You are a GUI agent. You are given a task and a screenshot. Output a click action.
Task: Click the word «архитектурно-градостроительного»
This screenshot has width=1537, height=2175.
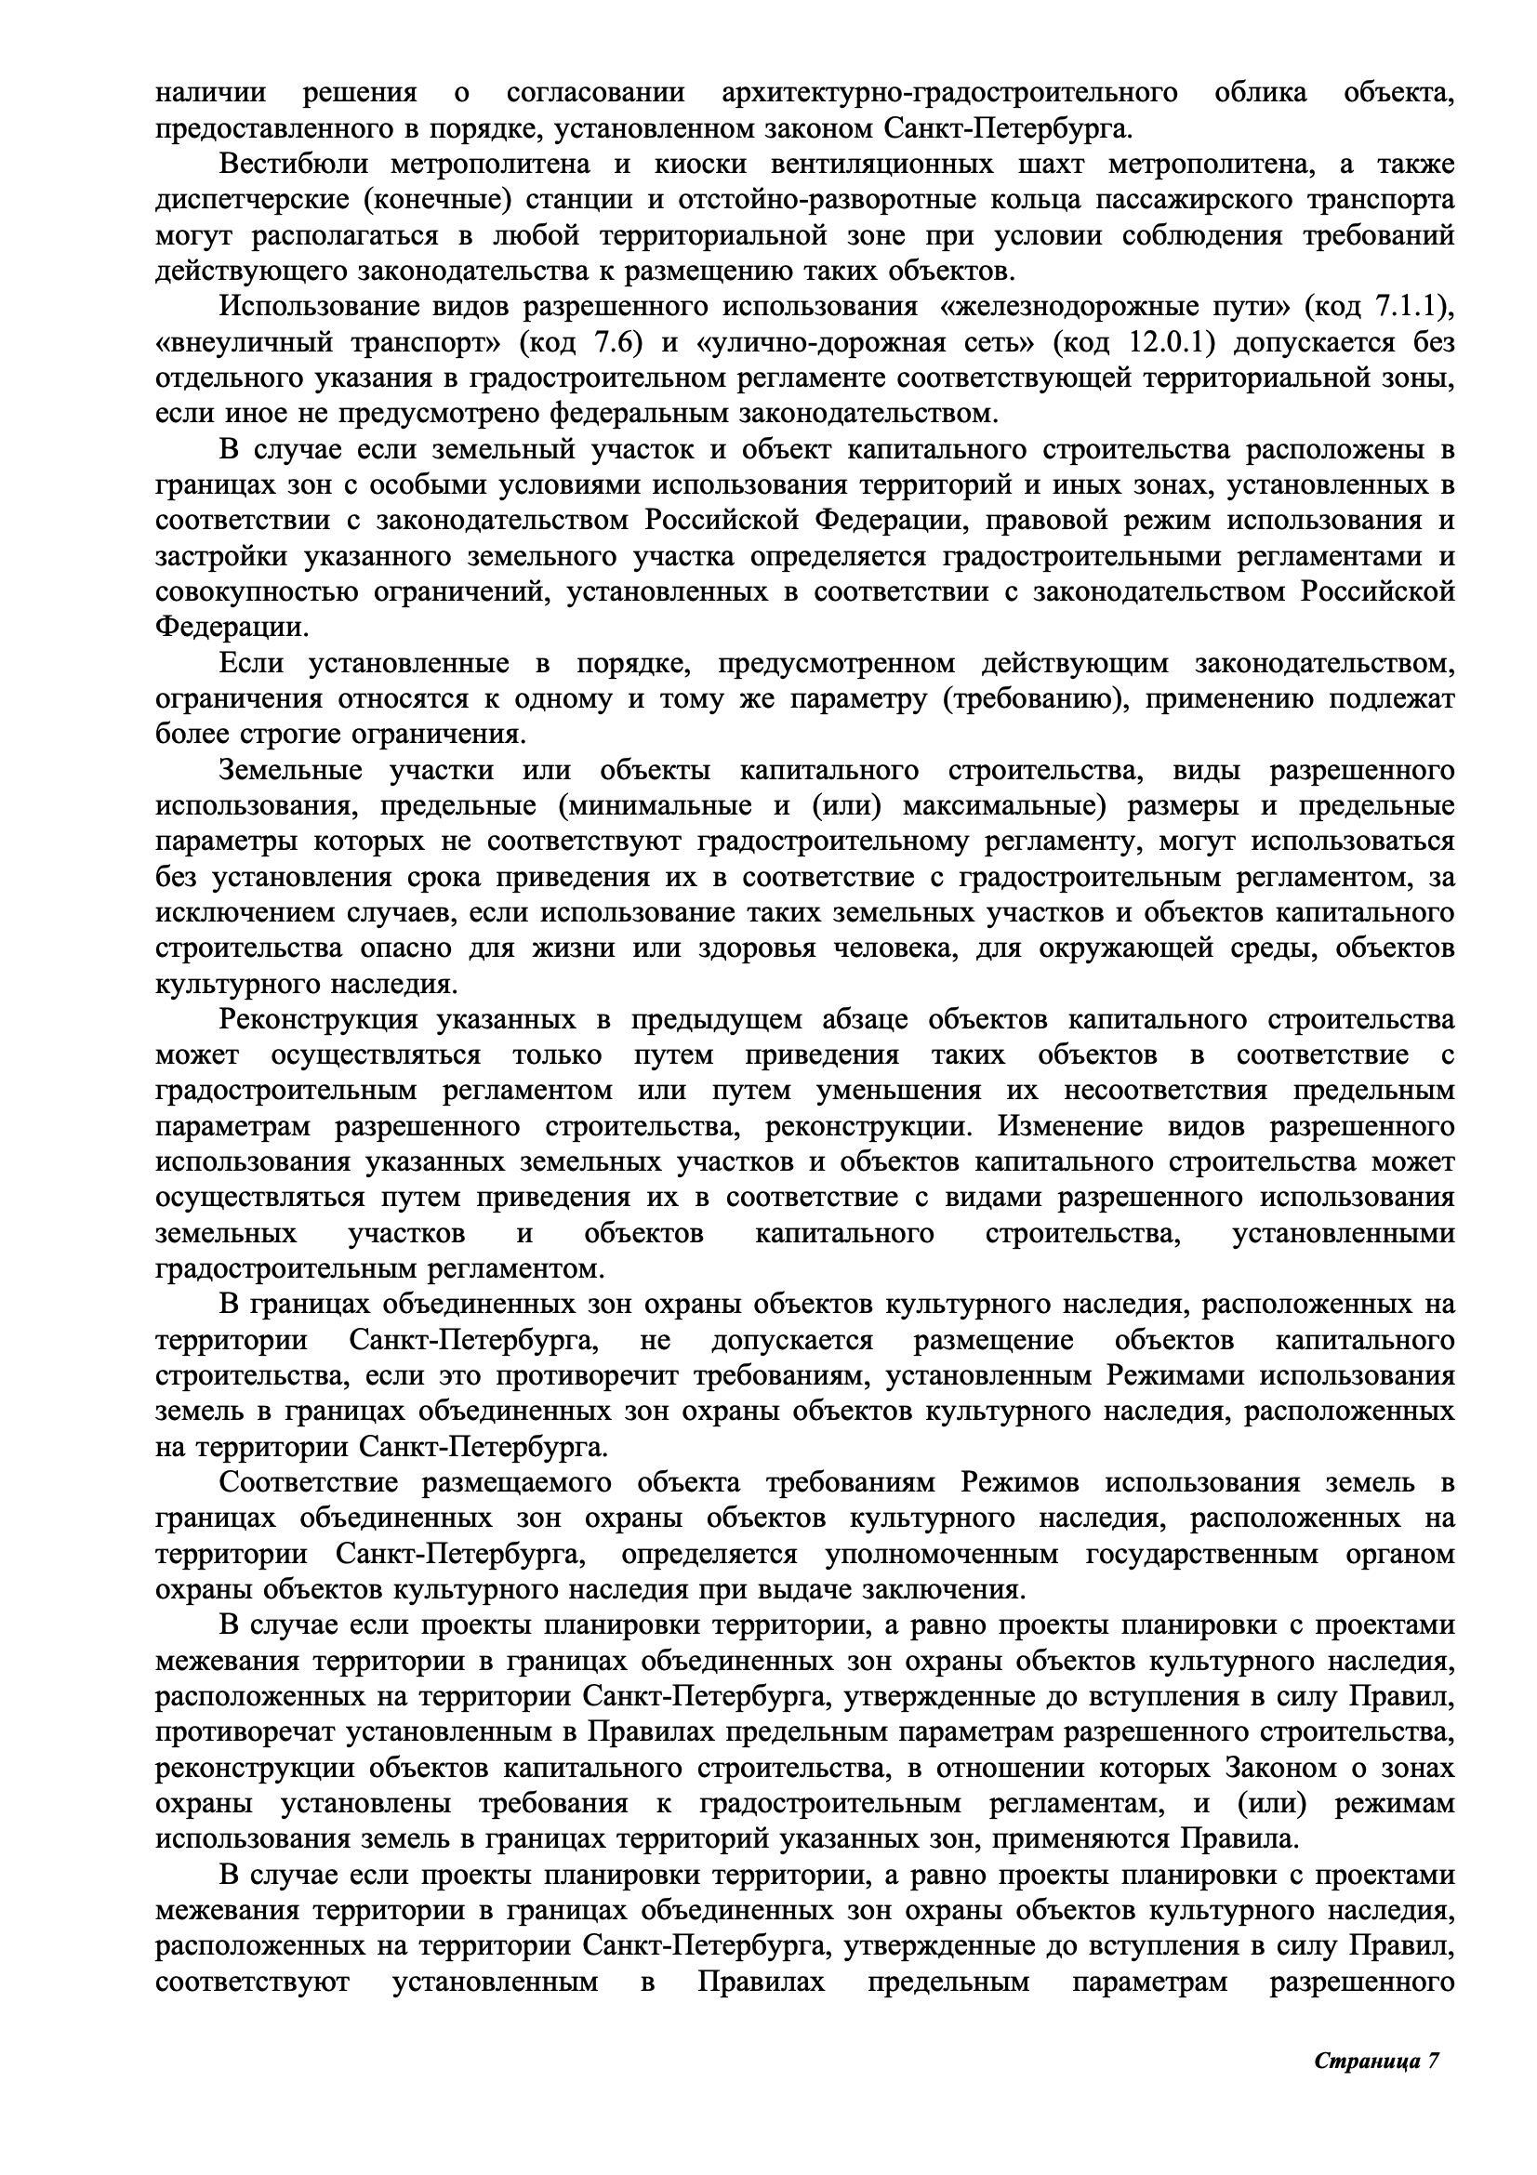coord(950,93)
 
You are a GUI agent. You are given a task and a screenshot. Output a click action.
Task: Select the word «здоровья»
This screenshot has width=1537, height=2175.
coord(757,948)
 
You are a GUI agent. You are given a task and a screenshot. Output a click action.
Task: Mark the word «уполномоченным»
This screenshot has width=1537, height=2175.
coord(941,1554)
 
